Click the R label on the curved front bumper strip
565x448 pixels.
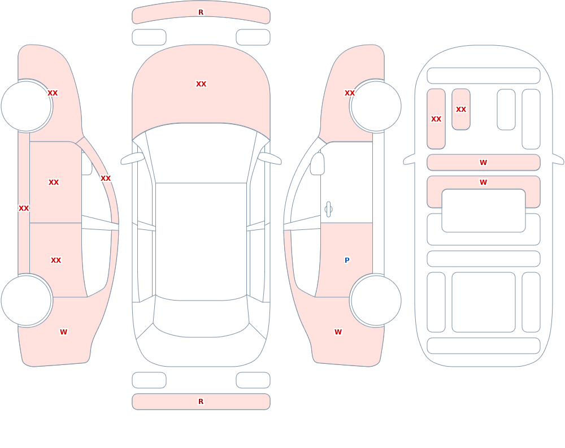coord(201,12)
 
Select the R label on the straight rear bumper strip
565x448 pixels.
coord(201,402)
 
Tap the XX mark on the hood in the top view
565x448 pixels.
coord(201,84)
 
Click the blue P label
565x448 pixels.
coord(347,260)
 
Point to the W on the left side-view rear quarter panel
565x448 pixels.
coord(63,332)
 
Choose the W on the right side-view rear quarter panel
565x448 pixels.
coord(338,332)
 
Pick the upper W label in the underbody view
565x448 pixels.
coord(484,163)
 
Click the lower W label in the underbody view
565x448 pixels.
coord(484,182)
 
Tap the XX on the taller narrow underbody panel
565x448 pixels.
coord(436,119)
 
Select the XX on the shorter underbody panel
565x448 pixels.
coord(461,109)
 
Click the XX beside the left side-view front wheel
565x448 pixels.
coord(53,93)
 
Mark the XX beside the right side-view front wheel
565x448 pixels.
coord(350,93)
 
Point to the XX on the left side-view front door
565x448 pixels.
coord(54,182)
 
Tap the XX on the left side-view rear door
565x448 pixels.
coord(56,260)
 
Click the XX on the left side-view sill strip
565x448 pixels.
coord(24,208)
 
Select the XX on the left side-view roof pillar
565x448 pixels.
coord(106,179)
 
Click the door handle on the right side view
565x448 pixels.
coord(328,210)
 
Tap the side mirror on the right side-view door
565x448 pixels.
coord(317,164)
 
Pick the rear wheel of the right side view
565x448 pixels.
coord(376,301)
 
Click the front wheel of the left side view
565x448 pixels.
coord(27,106)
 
